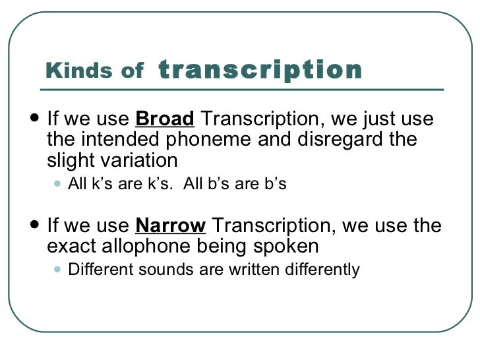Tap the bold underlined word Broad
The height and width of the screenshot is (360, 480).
click(165, 120)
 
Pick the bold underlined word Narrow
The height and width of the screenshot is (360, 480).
click(171, 226)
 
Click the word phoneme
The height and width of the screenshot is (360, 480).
click(225, 140)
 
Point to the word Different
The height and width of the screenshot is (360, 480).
click(98, 269)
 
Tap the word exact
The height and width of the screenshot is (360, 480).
click(71, 247)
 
